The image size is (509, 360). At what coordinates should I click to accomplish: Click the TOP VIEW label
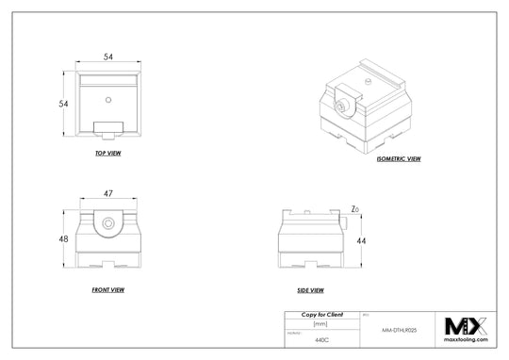108,153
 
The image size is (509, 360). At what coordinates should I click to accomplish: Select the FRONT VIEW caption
108,289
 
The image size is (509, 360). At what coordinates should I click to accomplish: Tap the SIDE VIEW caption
310,289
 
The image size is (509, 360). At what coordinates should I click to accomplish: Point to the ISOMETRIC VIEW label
399,159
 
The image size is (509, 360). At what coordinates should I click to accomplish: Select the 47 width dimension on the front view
108,193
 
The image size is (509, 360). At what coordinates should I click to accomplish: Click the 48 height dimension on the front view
62,238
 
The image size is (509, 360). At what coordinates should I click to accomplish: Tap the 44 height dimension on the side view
360,241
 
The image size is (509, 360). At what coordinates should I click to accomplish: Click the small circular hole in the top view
109,97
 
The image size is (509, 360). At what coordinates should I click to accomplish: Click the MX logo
466,326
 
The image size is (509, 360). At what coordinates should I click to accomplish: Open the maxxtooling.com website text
466,340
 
